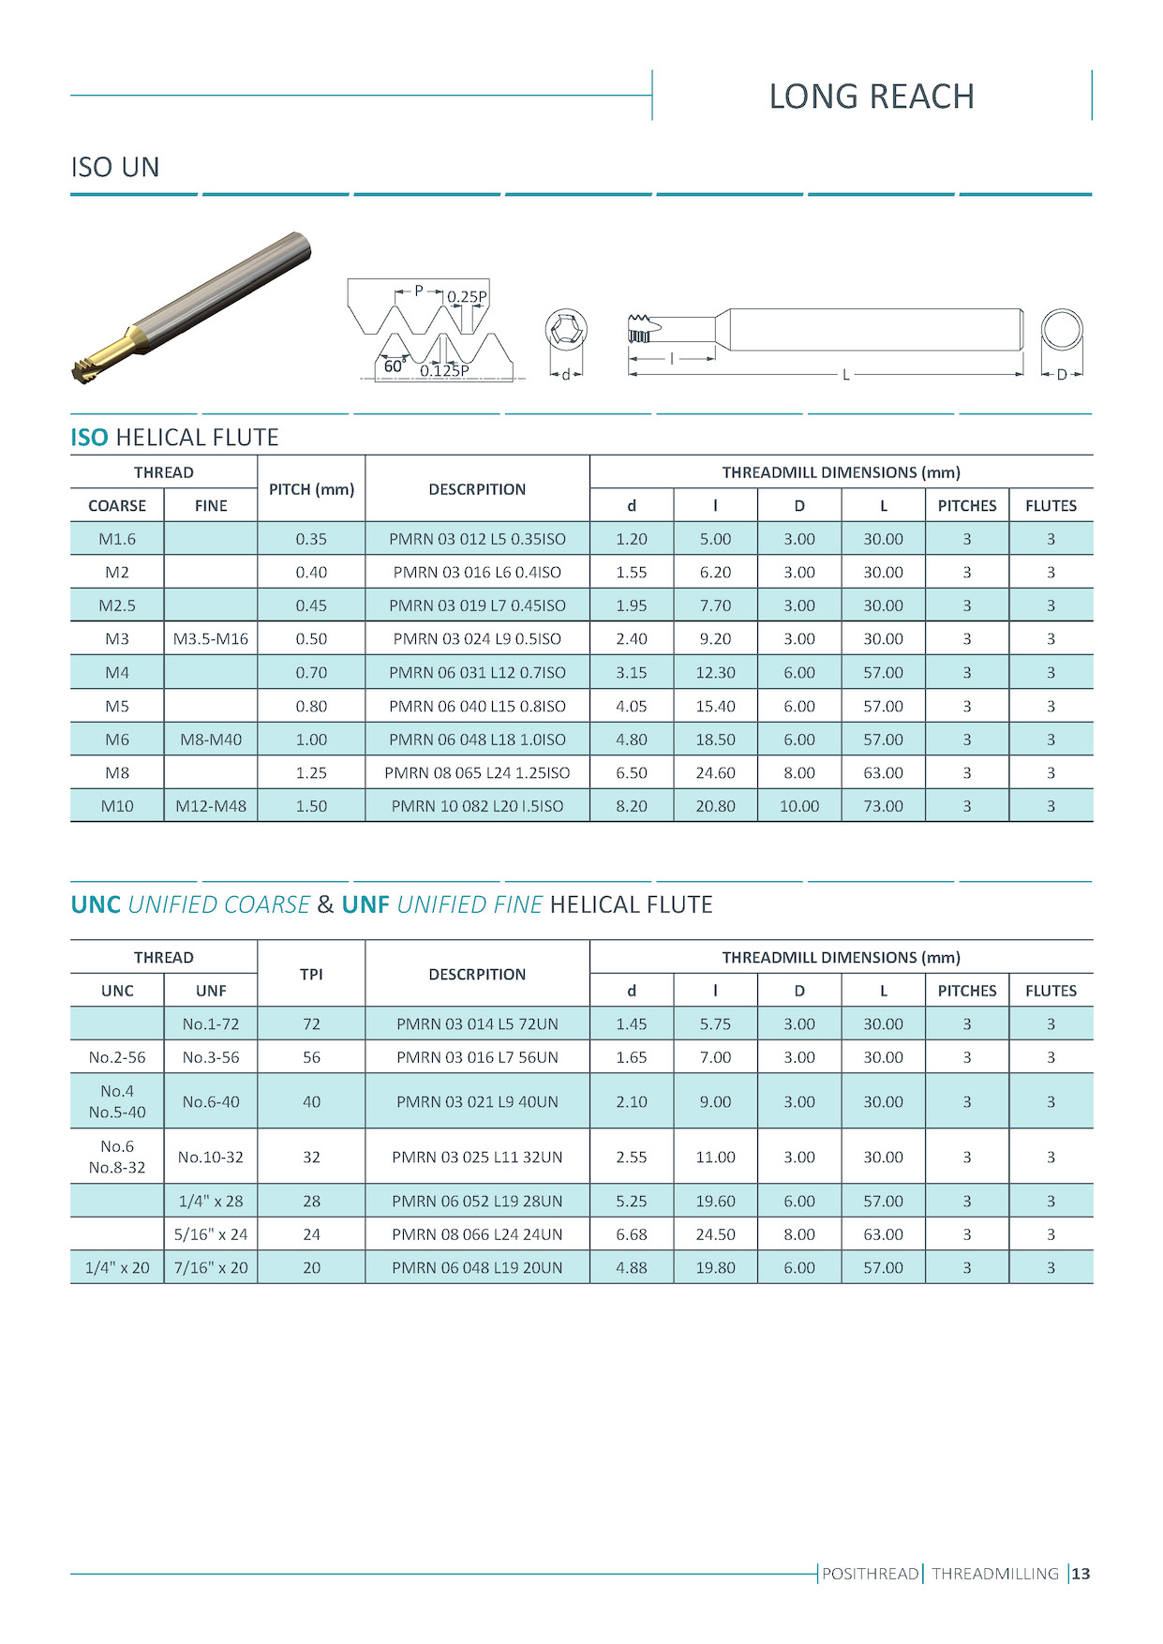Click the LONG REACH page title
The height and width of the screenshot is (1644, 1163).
point(872,97)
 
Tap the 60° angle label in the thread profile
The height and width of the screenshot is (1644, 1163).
point(394,366)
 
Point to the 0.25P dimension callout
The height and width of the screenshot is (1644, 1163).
point(466,297)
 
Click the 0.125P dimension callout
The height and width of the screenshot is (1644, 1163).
point(444,371)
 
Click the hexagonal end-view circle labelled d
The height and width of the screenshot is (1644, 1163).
point(566,331)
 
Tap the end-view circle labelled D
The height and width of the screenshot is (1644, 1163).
point(1062,332)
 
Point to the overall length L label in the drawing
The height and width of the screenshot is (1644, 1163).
point(845,375)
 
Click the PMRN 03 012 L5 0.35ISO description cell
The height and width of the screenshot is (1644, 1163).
point(477,539)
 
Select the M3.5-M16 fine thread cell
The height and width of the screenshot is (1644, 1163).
point(211,638)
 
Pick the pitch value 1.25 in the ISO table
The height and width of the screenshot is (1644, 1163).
point(311,772)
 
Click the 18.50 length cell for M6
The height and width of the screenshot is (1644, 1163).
point(715,740)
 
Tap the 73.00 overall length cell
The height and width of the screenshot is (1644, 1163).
point(883,806)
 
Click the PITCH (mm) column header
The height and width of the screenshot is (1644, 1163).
point(311,489)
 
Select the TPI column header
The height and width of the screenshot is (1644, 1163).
point(311,974)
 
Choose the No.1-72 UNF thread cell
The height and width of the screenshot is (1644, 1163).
point(211,1024)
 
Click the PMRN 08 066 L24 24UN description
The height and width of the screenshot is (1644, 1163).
point(477,1234)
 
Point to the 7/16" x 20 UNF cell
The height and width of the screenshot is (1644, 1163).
point(211,1267)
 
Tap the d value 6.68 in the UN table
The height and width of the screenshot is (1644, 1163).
point(632,1234)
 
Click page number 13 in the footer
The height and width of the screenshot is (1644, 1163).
point(1081,1574)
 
